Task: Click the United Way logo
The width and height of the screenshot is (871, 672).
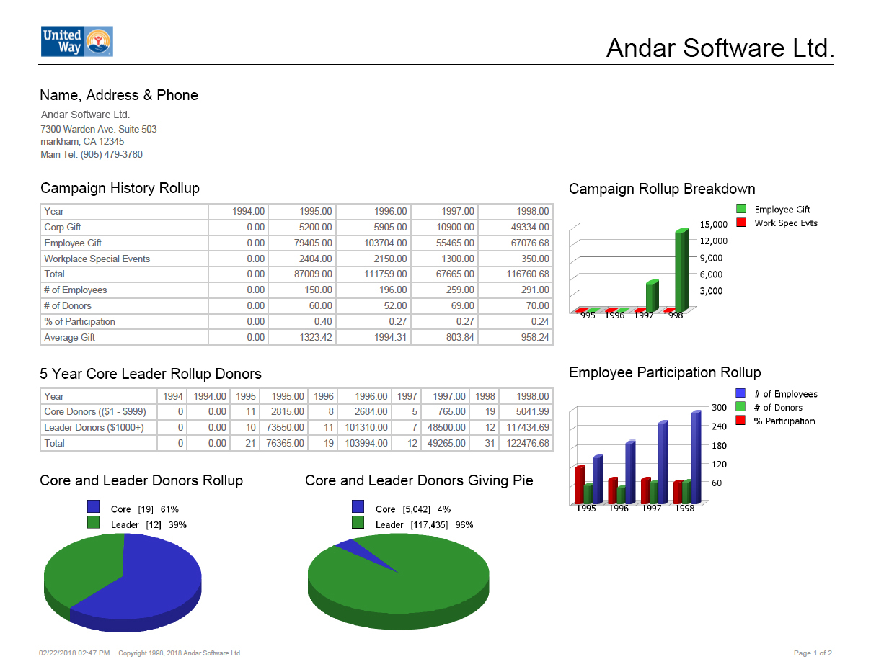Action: click(76, 42)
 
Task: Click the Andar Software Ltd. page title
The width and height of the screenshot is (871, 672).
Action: click(720, 48)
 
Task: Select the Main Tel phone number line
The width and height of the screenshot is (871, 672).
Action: click(92, 155)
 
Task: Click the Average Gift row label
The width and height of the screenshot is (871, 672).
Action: click(69, 337)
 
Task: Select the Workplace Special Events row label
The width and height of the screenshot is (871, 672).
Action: click(97, 259)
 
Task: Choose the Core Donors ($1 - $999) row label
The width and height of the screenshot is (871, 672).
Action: click(94, 411)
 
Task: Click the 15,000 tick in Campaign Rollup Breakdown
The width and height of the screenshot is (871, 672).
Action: click(713, 225)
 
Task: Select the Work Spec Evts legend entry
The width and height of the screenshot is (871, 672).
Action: click(785, 223)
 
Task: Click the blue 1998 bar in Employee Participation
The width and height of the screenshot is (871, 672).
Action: click(696, 457)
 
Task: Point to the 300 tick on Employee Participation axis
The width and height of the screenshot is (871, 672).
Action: click(719, 408)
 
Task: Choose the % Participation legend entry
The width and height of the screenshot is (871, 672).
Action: click(784, 421)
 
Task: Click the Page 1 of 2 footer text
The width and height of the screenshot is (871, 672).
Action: click(813, 653)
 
